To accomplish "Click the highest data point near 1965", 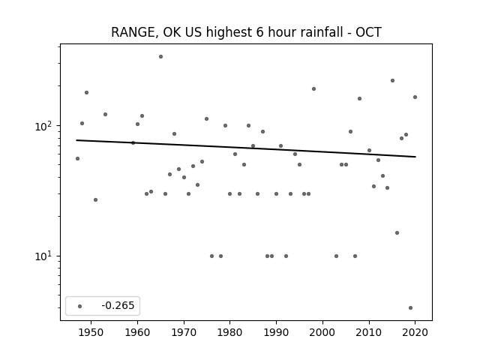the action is [160, 57].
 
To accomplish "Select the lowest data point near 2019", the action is [410, 308].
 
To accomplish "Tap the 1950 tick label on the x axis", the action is [91, 333].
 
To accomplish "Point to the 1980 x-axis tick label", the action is [229, 333].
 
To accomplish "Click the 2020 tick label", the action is [415, 333].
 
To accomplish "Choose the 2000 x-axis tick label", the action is [322, 333].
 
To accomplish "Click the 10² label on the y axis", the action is [45, 126].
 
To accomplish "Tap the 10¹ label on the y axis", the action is [45, 256].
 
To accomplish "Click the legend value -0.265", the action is [118, 305].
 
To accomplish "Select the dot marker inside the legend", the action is [80, 306].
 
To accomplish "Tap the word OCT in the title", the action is [368, 32].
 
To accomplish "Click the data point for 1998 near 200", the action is [313, 89].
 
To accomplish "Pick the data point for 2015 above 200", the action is [392, 81].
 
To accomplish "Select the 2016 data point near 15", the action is [397, 233].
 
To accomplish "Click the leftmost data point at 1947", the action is [77, 158].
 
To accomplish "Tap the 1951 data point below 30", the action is [95, 200].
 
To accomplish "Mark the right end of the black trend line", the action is [415, 157].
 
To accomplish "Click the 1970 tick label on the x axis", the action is [184, 333].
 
